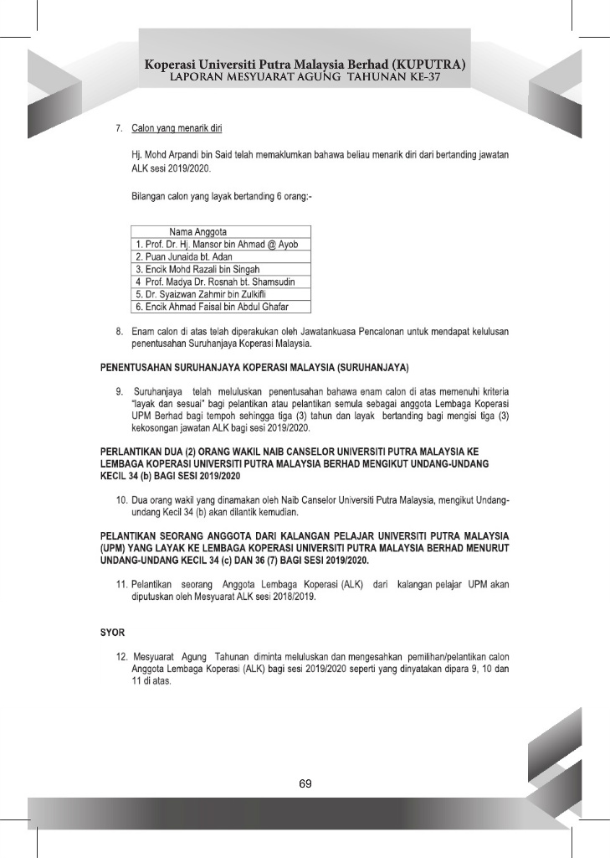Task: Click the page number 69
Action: tap(305, 784)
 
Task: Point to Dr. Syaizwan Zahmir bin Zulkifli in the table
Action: tap(198, 294)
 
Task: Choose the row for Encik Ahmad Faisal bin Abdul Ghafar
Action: tap(203, 307)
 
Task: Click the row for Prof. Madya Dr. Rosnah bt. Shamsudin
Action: tap(215, 282)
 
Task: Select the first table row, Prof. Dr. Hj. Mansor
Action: tap(216, 244)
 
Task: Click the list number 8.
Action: tap(121, 333)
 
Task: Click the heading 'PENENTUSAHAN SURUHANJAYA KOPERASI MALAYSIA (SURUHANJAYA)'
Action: tap(254, 368)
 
